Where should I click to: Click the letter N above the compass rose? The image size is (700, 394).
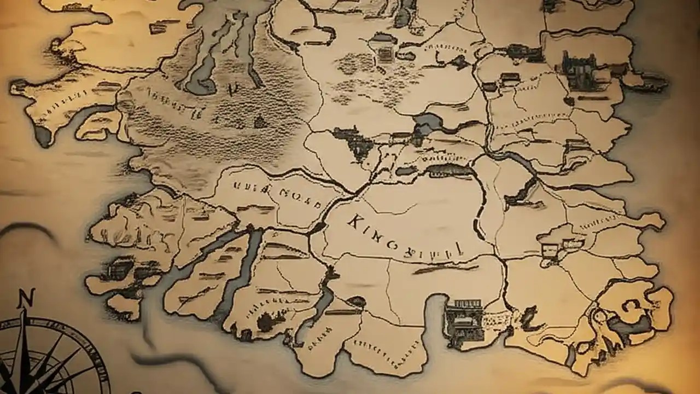point(24,299)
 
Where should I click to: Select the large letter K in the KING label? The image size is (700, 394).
point(356,221)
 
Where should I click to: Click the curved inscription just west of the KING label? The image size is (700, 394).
point(278,193)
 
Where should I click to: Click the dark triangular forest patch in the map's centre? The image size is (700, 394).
point(353,141)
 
